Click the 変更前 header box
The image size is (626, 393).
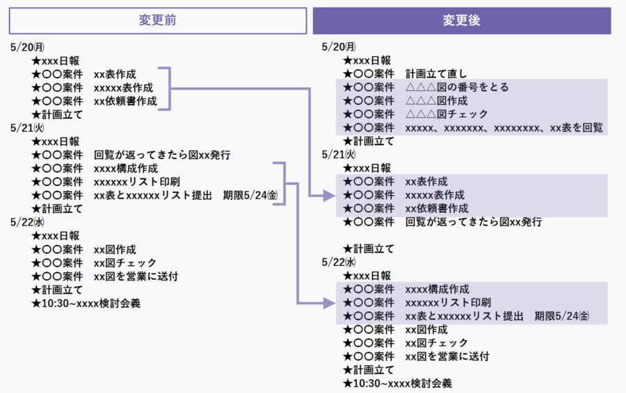pos(158,20)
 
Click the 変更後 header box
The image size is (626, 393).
pos(462,20)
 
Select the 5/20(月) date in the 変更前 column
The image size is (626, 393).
pos(27,47)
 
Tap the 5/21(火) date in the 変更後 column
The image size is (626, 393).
pos(339,154)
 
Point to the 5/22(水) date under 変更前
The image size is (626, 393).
pos(27,222)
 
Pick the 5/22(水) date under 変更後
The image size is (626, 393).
pos(339,262)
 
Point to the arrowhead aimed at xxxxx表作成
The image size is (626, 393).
pos(329,195)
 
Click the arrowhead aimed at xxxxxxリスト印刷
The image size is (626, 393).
pos(329,303)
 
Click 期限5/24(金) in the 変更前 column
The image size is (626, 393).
pos(250,195)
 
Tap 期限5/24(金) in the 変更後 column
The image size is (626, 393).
pos(562,316)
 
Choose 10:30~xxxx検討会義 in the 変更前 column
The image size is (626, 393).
pos(86,303)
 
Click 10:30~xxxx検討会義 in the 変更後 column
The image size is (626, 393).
pos(397,383)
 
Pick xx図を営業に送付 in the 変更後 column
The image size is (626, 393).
pos(447,356)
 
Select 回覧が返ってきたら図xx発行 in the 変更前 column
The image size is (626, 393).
pos(162,155)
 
